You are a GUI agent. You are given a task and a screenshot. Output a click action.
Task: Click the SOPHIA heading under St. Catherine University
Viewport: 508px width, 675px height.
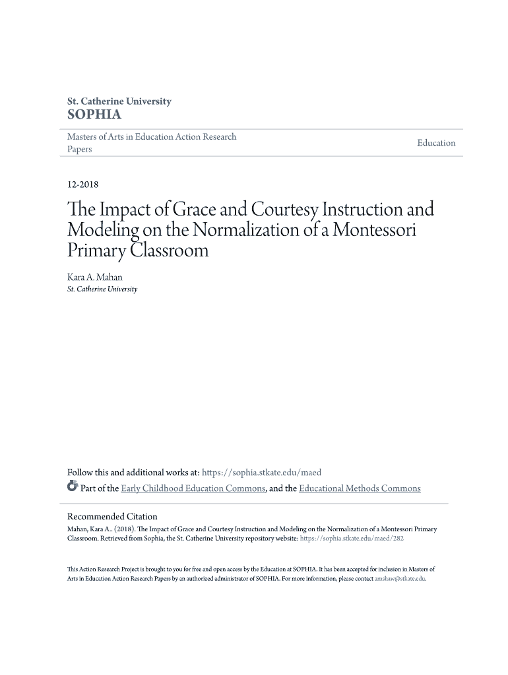95,115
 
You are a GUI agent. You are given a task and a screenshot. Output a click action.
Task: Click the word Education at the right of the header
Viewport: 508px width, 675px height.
436,143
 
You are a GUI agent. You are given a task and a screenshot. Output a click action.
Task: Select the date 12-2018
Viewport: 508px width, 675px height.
83,186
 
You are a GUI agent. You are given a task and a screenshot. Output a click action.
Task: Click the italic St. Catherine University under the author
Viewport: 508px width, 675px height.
102,289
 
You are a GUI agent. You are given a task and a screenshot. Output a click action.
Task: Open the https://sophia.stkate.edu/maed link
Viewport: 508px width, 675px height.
261,473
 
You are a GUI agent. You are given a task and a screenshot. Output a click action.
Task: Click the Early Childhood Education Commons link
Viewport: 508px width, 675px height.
193,488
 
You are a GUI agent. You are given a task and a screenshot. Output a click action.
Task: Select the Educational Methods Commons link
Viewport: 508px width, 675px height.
360,488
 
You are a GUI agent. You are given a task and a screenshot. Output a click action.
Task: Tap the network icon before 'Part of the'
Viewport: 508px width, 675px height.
73,488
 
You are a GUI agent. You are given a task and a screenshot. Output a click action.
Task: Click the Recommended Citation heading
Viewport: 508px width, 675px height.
113,517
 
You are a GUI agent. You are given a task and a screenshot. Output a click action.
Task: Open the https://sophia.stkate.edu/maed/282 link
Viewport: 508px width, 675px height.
352,539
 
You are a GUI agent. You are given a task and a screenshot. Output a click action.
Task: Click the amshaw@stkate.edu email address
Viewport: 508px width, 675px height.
400,579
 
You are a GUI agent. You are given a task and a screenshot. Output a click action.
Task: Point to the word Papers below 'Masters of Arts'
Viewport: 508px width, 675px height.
80,150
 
